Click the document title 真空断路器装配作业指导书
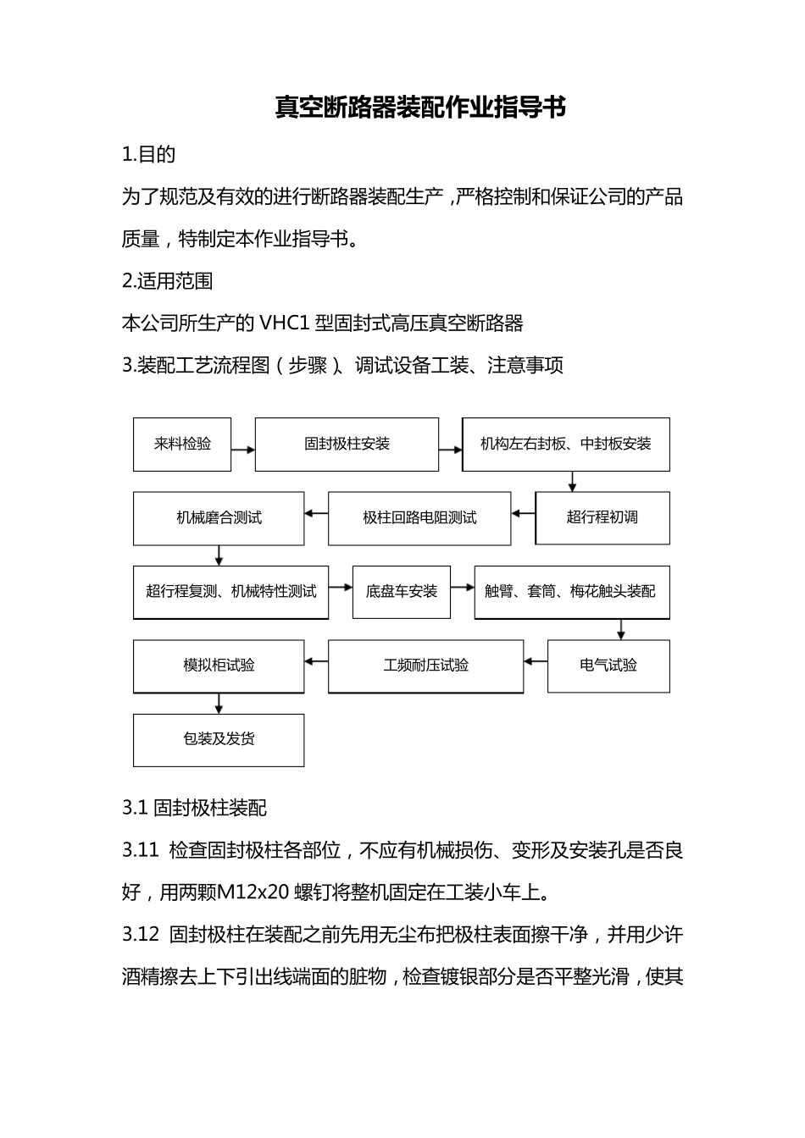click(x=420, y=108)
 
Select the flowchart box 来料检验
click(x=182, y=444)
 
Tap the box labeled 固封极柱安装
click(x=347, y=444)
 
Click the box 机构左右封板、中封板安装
click(x=566, y=444)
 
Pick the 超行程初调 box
click(x=602, y=517)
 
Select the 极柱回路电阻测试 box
click(x=419, y=518)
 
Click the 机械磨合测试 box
click(x=219, y=518)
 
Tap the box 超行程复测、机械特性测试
click(x=230, y=592)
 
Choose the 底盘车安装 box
click(x=402, y=592)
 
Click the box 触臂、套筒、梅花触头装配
click(x=572, y=592)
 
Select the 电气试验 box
click(x=608, y=666)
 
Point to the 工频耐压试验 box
click(x=425, y=666)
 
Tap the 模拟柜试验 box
click(x=219, y=666)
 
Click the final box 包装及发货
click(x=219, y=739)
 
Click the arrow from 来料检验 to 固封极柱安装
click(x=243, y=450)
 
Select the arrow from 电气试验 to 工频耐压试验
click(x=536, y=661)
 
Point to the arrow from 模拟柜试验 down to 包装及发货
click(x=219, y=704)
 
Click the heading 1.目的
click(x=149, y=154)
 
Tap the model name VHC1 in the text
click(x=284, y=323)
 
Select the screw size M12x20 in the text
click(x=253, y=892)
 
